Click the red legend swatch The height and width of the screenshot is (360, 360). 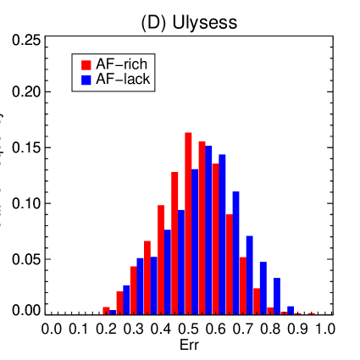click(x=86, y=65)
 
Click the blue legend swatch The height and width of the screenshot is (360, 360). click(x=86, y=80)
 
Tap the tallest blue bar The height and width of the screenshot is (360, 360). click(x=209, y=230)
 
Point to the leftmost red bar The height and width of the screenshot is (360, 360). click(x=106, y=311)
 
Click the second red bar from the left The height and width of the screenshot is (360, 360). click(x=119, y=302)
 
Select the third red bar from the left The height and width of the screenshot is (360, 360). click(x=133, y=290)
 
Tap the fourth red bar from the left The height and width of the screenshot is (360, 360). click(x=147, y=277)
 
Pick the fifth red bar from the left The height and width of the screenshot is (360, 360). click(x=161, y=259)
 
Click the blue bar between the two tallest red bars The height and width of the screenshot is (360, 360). click(x=195, y=241)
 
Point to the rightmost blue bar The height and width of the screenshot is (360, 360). click(x=291, y=310)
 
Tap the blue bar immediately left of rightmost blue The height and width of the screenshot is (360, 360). click(x=277, y=296)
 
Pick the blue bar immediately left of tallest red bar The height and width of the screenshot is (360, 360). click(x=181, y=262)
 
